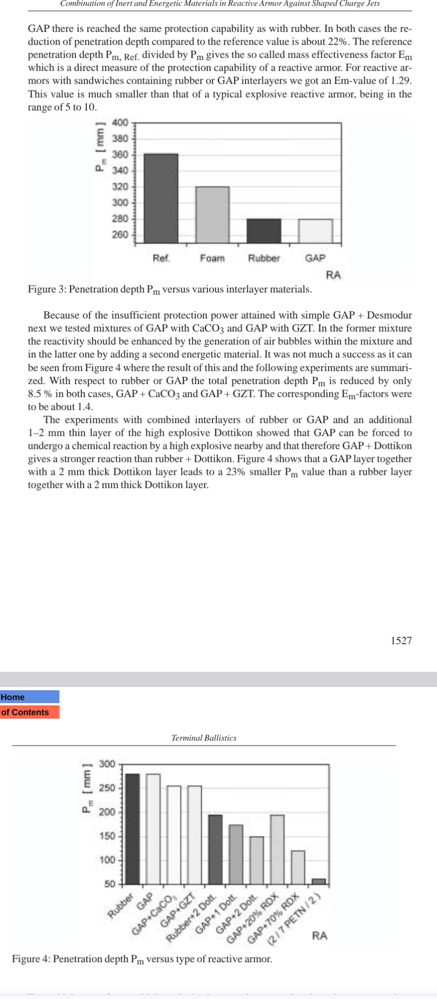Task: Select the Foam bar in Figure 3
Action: tap(212, 214)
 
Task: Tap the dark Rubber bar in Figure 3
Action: tap(264, 231)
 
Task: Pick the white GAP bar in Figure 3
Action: tap(315, 231)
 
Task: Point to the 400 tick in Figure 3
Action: tap(120, 122)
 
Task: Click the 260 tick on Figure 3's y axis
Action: tap(120, 235)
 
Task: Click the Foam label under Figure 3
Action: tap(211, 258)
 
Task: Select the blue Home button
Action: tap(30, 697)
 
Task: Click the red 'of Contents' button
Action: tap(30, 712)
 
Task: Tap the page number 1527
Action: tap(401, 640)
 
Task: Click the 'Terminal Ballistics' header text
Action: tap(203, 737)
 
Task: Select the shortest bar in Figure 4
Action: tap(318, 881)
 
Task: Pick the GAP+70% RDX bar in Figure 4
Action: tap(298, 867)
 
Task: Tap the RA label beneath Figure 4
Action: tap(319, 936)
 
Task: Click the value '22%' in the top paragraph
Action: tap(368, 41)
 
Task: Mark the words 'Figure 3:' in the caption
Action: tap(47, 289)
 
